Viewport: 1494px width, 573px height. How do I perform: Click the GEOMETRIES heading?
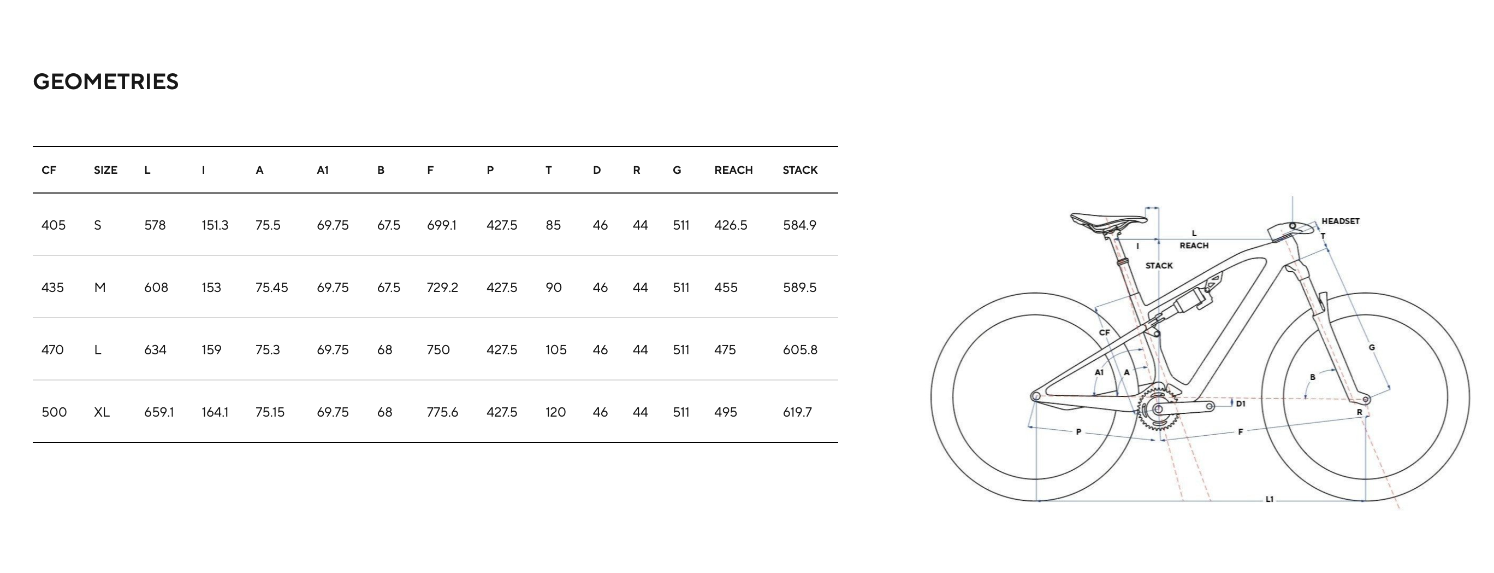105,82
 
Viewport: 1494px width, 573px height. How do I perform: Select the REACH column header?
733,170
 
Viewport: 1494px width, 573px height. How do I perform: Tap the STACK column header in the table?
800,170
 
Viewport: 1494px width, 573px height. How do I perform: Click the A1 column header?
323,170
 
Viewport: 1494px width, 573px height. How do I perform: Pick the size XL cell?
102,412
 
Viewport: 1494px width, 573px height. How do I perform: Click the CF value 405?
54,225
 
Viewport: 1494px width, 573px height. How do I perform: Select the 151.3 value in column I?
215,225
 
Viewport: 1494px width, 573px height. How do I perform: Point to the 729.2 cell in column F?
442,288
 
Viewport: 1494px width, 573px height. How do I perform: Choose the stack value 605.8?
800,350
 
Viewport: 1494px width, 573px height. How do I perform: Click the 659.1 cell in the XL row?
159,412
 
